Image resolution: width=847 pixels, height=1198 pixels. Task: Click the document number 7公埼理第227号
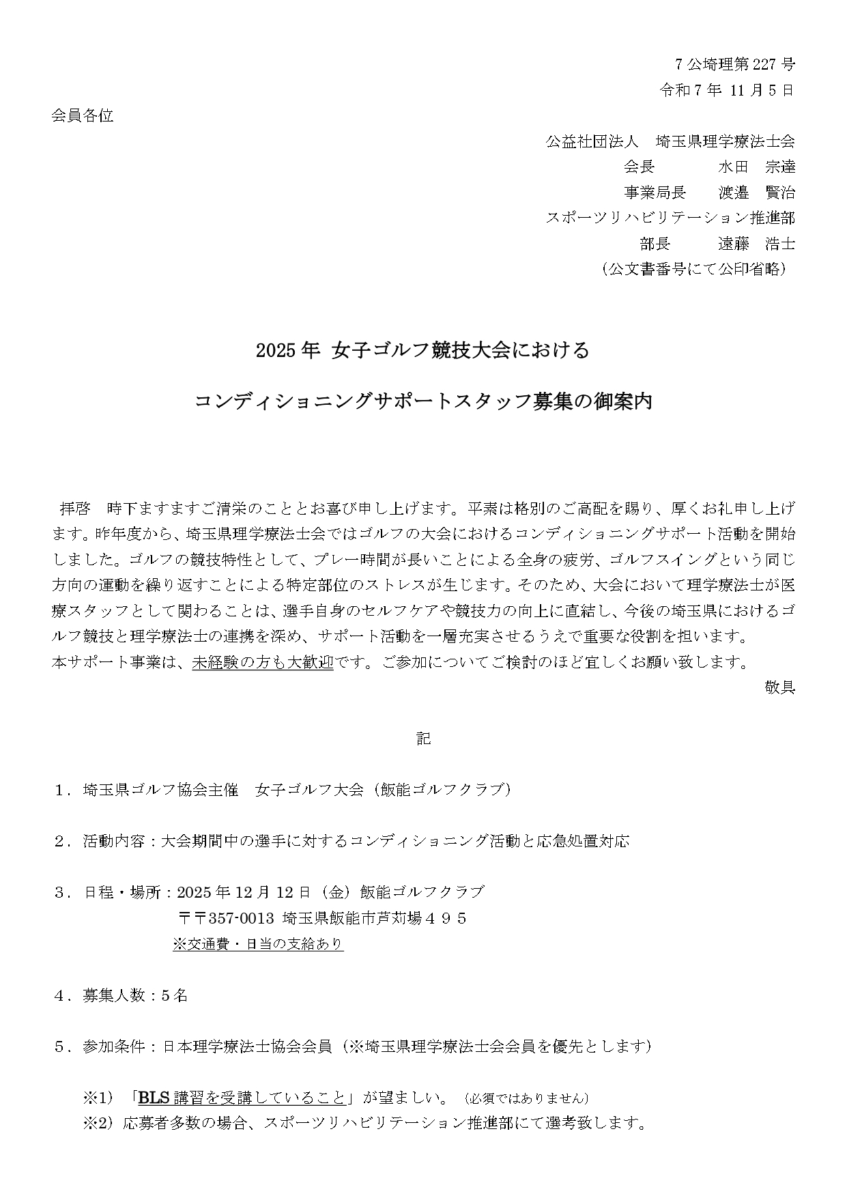click(734, 65)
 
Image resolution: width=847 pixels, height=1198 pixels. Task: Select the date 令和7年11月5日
click(727, 90)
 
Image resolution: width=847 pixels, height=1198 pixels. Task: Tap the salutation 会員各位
click(82, 116)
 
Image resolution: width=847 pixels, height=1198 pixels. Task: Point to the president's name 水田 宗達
click(756, 167)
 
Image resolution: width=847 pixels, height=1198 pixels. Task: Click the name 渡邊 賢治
click(756, 193)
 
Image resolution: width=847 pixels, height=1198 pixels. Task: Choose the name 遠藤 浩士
click(756, 244)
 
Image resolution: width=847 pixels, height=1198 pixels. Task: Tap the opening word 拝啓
click(75, 509)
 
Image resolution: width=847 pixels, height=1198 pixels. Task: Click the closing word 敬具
click(779, 688)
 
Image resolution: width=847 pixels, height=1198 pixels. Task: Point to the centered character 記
click(423, 739)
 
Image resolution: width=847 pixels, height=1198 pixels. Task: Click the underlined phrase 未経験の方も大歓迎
click(262, 663)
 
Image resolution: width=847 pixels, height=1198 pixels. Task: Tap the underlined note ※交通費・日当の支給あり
click(257, 944)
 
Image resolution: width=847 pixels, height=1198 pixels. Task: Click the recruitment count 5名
click(174, 995)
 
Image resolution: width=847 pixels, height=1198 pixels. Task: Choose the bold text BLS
click(154, 1098)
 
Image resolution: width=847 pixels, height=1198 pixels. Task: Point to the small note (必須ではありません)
click(525, 1098)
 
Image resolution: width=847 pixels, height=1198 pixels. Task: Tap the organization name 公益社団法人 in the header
click(592, 142)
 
